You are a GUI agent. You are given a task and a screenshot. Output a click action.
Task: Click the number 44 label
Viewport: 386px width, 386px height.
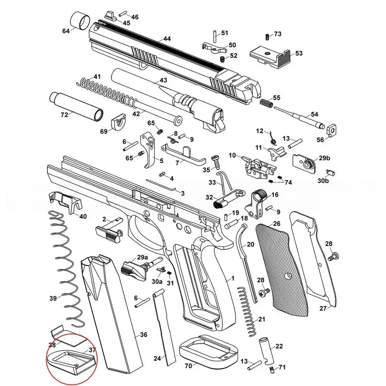(167, 39)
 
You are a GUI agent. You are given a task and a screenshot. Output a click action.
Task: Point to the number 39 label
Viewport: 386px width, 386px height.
(53, 298)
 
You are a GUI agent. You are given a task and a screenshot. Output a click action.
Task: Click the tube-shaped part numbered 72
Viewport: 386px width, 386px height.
(76, 105)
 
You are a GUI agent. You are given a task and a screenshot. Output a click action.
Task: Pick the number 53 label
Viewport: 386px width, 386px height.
(299, 53)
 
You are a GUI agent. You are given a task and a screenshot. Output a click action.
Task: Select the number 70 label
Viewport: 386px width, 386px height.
(188, 365)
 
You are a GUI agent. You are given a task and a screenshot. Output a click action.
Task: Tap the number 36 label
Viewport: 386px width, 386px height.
(144, 335)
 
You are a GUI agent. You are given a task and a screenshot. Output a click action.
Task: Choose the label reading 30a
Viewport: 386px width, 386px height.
(157, 281)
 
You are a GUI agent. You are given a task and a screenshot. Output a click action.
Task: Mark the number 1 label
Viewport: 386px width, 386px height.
(233, 278)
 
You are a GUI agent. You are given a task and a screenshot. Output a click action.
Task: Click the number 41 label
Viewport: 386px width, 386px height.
(97, 76)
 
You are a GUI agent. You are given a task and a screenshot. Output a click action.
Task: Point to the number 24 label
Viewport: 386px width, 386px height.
(157, 359)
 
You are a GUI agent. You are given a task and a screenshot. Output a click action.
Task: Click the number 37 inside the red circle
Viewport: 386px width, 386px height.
(92, 350)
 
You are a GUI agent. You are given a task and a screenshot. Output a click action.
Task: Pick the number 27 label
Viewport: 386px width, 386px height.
(323, 308)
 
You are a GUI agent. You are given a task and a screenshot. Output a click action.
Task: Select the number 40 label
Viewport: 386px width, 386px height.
(83, 216)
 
